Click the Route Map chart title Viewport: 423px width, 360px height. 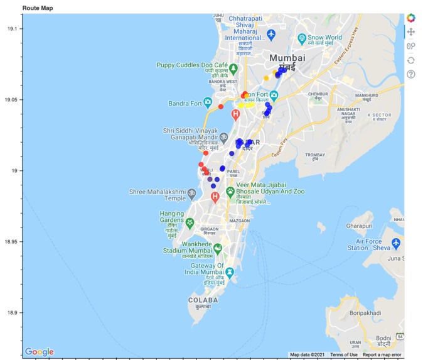37,7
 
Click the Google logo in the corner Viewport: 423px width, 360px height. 39,352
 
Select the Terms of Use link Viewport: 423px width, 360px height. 344,355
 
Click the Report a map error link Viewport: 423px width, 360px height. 382,355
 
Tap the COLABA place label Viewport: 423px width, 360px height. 203,300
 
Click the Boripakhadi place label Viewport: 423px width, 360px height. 359,325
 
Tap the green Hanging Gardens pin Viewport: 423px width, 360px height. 190,222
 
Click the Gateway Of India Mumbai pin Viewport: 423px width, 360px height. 230,272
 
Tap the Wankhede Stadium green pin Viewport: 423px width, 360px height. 218,248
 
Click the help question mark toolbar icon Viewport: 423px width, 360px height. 411,74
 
